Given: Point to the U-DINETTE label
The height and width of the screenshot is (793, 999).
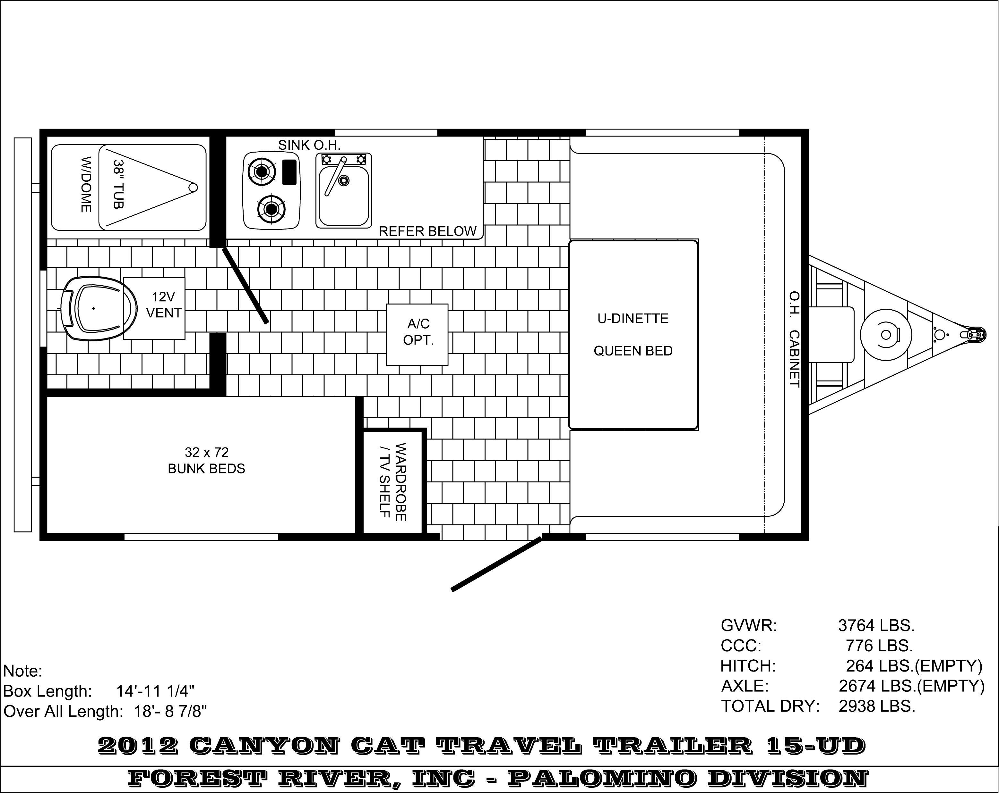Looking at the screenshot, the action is pyautogui.click(x=633, y=319).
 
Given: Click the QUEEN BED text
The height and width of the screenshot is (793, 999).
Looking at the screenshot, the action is pyautogui.click(x=633, y=351).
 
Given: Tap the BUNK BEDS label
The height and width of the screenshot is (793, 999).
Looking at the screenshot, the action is pyautogui.click(x=206, y=469).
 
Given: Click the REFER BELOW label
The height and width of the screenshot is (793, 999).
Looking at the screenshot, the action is pyautogui.click(x=428, y=231).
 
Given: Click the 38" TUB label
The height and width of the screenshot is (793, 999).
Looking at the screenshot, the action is pyautogui.click(x=119, y=184).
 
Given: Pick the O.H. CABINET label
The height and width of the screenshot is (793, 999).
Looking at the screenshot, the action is pyautogui.click(x=794, y=339).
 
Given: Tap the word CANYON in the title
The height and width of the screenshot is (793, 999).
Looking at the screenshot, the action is pyautogui.click(x=264, y=745).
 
